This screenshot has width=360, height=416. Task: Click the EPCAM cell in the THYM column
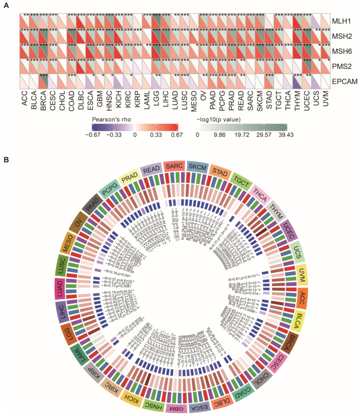[x=296, y=81]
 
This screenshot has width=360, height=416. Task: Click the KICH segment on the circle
[x=128, y=398]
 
